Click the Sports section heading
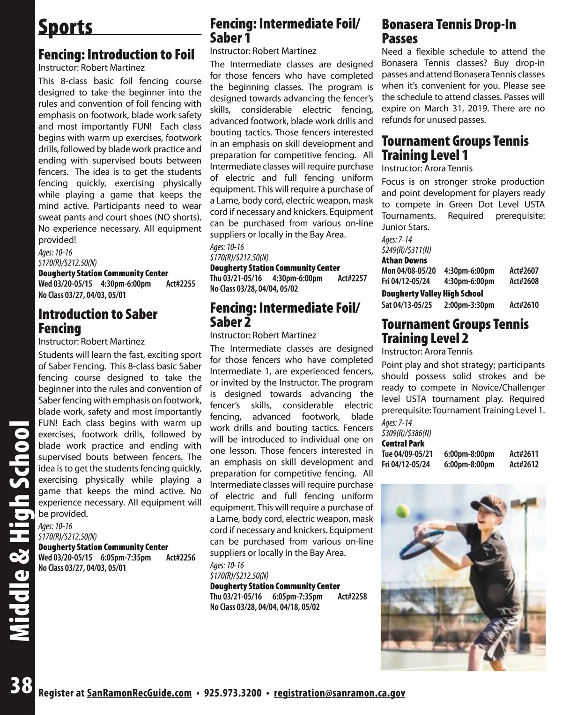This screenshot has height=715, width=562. click(66, 27)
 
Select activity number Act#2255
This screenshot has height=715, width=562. click(180, 284)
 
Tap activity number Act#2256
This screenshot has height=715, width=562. click(180, 558)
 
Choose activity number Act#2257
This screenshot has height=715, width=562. click(352, 279)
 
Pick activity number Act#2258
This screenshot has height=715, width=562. click(352, 597)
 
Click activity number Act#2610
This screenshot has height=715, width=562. click(524, 305)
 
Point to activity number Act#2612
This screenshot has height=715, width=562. click(524, 464)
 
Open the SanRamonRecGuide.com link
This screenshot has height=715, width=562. click(139, 693)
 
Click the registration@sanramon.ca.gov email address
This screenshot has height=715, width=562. click(340, 693)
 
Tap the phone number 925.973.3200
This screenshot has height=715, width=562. click(233, 693)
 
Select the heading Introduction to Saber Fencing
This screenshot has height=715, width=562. click(97, 321)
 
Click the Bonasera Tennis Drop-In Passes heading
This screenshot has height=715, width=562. click(449, 31)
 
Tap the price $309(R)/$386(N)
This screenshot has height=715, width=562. click(406, 433)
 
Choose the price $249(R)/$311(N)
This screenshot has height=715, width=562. click(406, 250)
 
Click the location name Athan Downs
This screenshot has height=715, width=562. click(404, 260)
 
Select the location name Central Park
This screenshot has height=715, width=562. click(403, 443)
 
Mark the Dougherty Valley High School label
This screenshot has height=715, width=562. click(432, 294)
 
